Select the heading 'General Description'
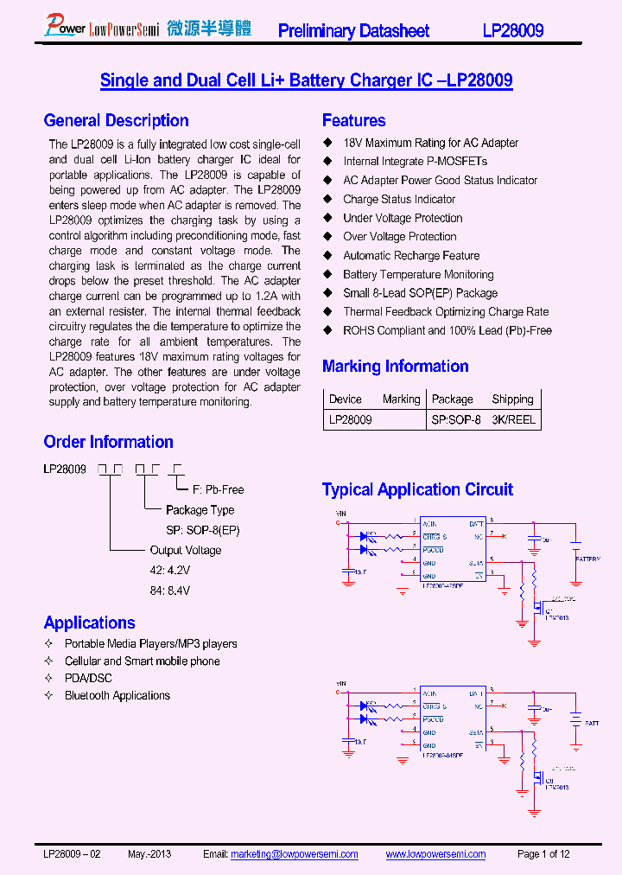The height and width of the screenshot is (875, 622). pos(116,121)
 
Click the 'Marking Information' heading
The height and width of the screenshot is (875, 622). pos(395,367)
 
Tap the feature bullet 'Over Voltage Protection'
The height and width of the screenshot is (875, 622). pos(399,237)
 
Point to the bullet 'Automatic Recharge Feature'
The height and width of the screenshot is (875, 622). pos(410,256)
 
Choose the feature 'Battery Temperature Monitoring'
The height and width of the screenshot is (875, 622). pos(418,275)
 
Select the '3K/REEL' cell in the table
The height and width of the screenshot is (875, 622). pos(513,419)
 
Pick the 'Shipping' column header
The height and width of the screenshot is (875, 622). pos(512,399)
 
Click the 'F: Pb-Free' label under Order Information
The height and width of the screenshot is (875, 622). pos(218,489)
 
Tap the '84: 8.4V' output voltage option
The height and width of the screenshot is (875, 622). pos(169,591)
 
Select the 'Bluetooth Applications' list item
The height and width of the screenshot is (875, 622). pos(117,696)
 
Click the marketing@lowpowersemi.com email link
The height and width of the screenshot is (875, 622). pos(294,854)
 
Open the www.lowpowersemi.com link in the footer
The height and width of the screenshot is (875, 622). pos(435,854)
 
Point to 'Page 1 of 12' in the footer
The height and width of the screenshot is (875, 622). pos(543,854)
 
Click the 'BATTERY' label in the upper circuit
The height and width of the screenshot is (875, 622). pos(587,559)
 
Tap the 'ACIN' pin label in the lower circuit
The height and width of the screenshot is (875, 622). pos(429,693)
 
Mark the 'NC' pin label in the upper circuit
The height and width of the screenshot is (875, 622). pos(478,536)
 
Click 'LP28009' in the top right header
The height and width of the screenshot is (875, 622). pos(512,31)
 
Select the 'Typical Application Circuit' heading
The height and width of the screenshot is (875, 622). pos(417,490)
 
